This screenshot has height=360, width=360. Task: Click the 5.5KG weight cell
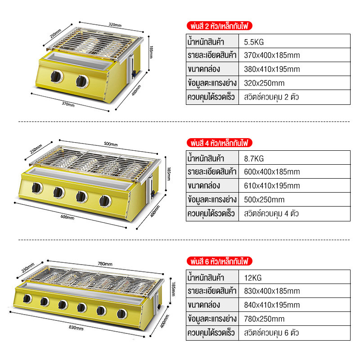click(x=294, y=41)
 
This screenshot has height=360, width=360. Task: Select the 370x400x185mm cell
click(x=294, y=55)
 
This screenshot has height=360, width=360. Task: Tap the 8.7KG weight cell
click(x=294, y=158)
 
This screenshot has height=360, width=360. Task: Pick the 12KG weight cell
click(x=294, y=277)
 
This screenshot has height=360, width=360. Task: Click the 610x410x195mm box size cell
click(x=294, y=185)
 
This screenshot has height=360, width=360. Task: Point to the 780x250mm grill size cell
click(x=294, y=319)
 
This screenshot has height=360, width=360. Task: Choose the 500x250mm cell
click(x=294, y=199)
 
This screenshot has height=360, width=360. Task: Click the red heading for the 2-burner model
click(x=220, y=26)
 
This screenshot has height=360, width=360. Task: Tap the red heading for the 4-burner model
click(x=220, y=143)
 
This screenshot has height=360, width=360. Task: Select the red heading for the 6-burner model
click(x=220, y=261)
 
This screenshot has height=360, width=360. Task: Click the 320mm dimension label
click(x=115, y=25)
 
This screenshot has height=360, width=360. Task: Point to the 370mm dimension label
click(x=68, y=104)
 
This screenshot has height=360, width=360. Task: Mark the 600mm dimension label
click(x=67, y=217)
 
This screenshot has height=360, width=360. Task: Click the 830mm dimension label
click(x=76, y=328)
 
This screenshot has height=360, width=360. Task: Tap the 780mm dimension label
click(x=105, y=264)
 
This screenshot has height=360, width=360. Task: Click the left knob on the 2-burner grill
click(x=56, y=76)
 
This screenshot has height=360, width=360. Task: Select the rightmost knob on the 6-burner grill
click(x=121, y=314)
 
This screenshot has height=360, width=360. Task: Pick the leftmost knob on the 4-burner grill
click(x=37, y=188)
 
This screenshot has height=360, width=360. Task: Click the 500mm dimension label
click(x=111, y=144)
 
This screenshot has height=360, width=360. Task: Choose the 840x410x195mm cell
click(x=294, y=305)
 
